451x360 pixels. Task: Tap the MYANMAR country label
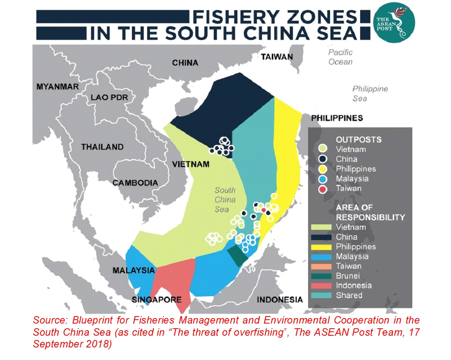pos(58,87)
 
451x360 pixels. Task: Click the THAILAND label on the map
pos(102,147)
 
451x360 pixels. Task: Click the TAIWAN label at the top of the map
pos(277,57)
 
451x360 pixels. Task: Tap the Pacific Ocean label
pos(340,57)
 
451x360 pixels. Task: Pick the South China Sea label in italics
pos(225,200)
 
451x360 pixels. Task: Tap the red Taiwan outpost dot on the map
pos(264,210)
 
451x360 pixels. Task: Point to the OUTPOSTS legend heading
pos(358,139)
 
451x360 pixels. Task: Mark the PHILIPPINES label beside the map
pos(337,118)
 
